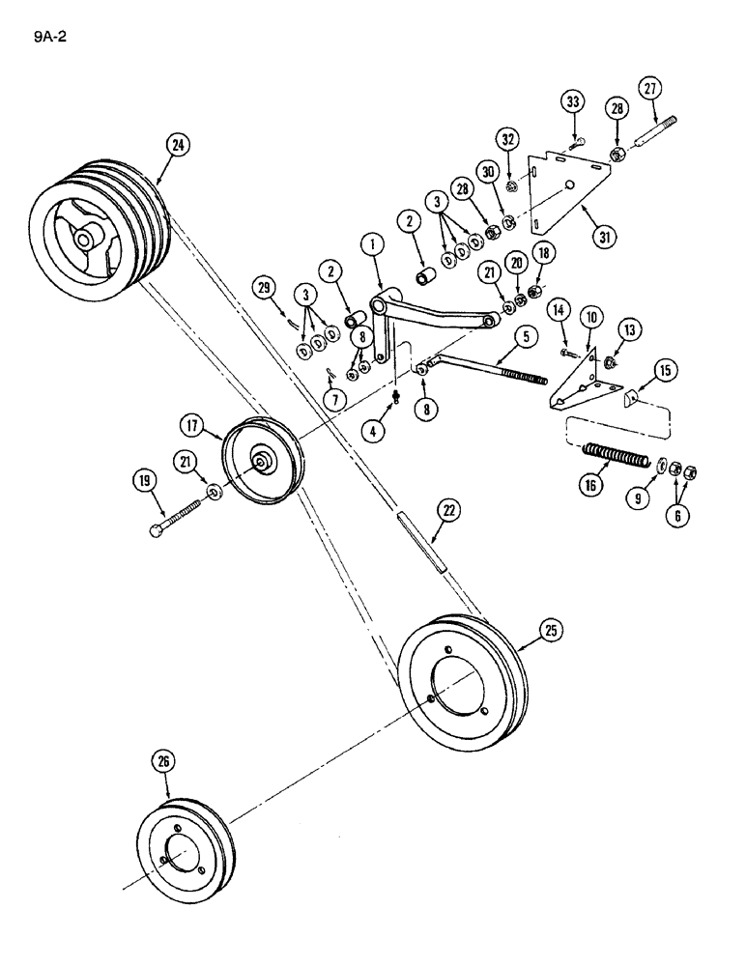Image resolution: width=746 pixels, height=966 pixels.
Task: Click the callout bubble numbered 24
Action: click(x=178, y=146)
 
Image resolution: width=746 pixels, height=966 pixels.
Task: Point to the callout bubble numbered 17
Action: click(x=189, y=423)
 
